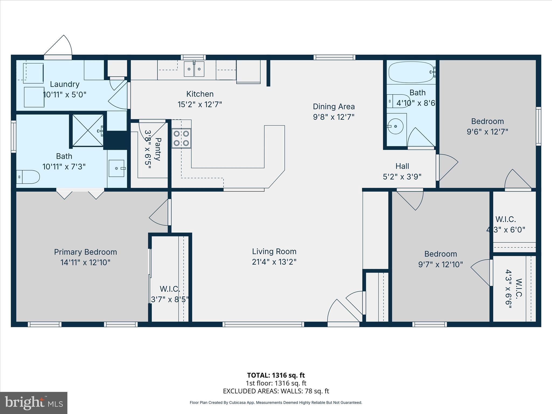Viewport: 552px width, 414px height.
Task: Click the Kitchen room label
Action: tap(200, 94)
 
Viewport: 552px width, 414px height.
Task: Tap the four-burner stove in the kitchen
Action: tap(181, 138)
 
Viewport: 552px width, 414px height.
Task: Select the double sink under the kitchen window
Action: tap(194, 69)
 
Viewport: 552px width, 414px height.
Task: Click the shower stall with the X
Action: tap(88, 131)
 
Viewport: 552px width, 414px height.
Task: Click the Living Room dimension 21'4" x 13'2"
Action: tap(274, 262)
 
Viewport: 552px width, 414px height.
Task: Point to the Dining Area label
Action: tap(334, 107)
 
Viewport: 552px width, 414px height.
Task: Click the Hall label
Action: tap(402, 166)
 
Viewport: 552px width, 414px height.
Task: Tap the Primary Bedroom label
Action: tap(85, 252)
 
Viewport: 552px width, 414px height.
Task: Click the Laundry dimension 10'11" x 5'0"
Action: tap(65, 95)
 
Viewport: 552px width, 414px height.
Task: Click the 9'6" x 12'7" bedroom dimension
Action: tap(487, 132)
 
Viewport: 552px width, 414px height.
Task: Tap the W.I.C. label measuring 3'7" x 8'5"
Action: tap(170, 289)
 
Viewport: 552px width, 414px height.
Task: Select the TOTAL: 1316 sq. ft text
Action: tap(276, 375)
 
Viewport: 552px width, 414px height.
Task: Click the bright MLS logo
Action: tap(34, 403)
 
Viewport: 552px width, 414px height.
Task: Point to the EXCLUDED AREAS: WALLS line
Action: tap(276, 391)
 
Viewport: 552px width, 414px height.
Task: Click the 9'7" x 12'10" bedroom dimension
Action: tap(440, 265)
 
